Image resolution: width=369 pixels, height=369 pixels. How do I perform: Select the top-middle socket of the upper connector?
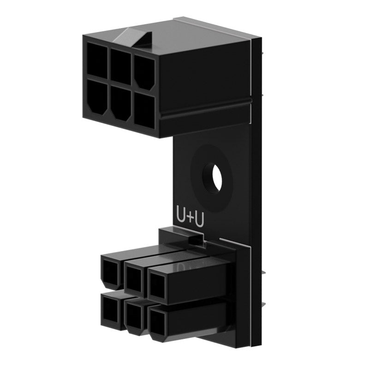tap(121, 66)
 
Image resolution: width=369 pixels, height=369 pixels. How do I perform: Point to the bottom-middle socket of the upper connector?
tap(121, 102)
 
